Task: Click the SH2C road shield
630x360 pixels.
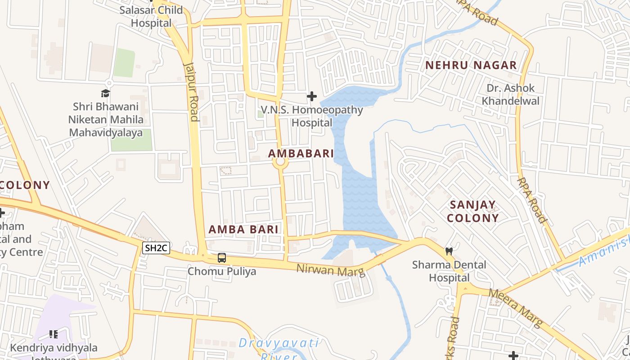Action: point(156,247)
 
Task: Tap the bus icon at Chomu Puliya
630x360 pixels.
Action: point(222,258)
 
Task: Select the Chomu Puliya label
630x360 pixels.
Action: point(222,271)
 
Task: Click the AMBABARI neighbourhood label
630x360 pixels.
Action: point(301,153)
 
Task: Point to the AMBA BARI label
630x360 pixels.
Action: point(243,229)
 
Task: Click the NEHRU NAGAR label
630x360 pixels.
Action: point(471,65)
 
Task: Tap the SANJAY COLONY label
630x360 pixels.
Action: point(474,211)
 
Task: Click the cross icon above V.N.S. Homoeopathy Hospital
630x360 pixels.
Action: point(311,96)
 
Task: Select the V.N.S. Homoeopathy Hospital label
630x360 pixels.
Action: point(312,116)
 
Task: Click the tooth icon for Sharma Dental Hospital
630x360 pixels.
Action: point(449,251)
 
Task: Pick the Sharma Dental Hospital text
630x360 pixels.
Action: point(449,271)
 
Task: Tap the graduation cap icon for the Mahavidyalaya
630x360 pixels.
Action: point(105,93)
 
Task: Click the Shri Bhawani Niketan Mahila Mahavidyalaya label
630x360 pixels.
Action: point(106,120)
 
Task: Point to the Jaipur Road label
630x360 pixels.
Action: point(192,92)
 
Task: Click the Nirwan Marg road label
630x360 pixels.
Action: point(330,270)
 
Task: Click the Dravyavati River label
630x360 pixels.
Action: point(279,349)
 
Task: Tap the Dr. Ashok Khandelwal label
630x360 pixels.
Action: point(510,94)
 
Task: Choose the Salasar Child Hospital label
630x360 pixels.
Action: point(151,16)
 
